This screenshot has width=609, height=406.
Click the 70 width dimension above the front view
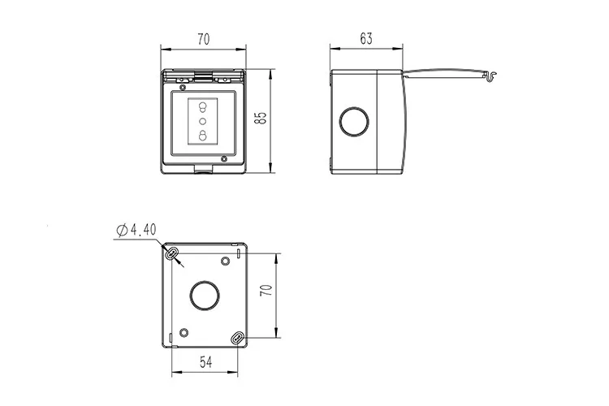pyautogui.click(x=204, y=39)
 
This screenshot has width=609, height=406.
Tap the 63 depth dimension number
pyautogui.click(x=366, y=38)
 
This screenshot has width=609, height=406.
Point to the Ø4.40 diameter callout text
pyautogui.click(x=136, y=230)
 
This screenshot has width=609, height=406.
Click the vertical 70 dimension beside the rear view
pyautogui.click(x=266, y=290)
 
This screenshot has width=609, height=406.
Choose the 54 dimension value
pyautogui.click(x=206, y=362)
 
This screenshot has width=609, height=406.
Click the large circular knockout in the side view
pyautogui.click(x=354, y=122)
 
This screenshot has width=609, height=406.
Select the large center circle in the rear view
pyautogui.click(x=205, y=296)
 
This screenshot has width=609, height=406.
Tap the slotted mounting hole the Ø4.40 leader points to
pyautogui.click(x=171, y=253)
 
